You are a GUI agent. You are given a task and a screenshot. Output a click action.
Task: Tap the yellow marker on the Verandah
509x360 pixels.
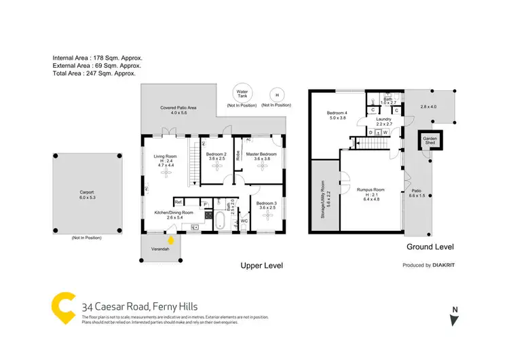[171, 239]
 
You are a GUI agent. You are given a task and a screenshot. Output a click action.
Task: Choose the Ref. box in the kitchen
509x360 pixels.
[179, 202]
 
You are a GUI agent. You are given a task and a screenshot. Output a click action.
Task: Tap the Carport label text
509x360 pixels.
[82, 192]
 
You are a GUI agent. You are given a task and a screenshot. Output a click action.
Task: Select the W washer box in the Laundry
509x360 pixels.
[385, 132]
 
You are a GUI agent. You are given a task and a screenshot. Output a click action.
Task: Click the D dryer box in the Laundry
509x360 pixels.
[370, 132]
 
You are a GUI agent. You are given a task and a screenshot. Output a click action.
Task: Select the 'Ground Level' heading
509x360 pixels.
[430, 247]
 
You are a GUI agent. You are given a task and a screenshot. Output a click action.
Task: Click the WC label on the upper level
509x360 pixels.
[244, 221]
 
